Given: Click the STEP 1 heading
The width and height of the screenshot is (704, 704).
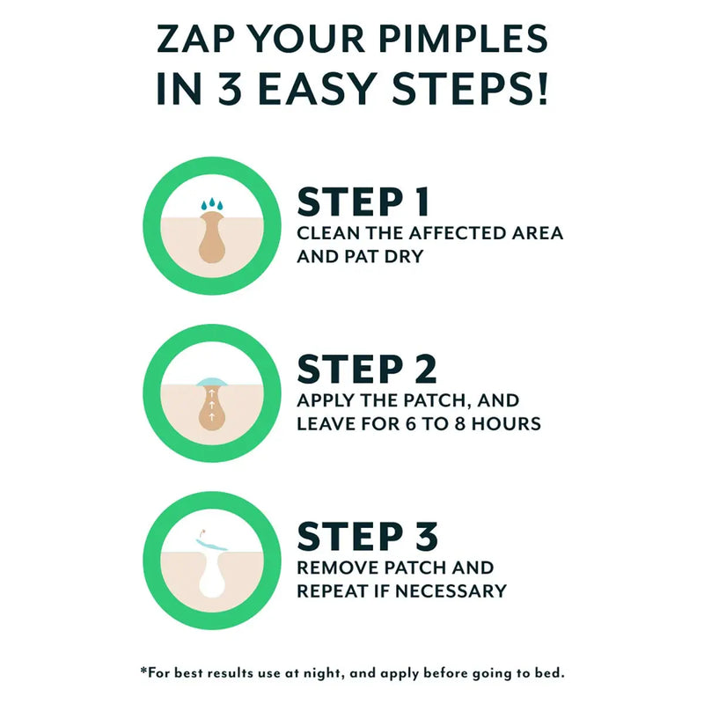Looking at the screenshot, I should (x=363, y=202).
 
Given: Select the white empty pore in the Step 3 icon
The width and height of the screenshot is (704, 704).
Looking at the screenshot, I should (x=210, y=585).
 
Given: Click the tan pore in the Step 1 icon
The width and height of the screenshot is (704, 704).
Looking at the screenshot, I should (x=210, y=242).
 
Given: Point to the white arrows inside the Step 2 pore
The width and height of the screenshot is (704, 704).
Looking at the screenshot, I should (x=211, y=407).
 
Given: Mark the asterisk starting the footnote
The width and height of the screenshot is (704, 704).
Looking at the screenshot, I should (x=143, y=671).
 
